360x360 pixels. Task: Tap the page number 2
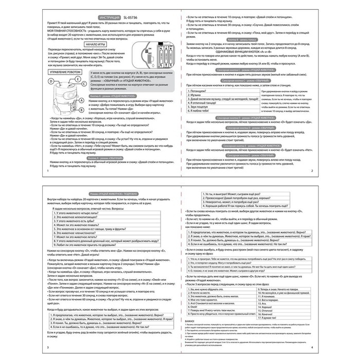pos(312,170)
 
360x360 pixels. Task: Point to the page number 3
pos(48,348)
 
